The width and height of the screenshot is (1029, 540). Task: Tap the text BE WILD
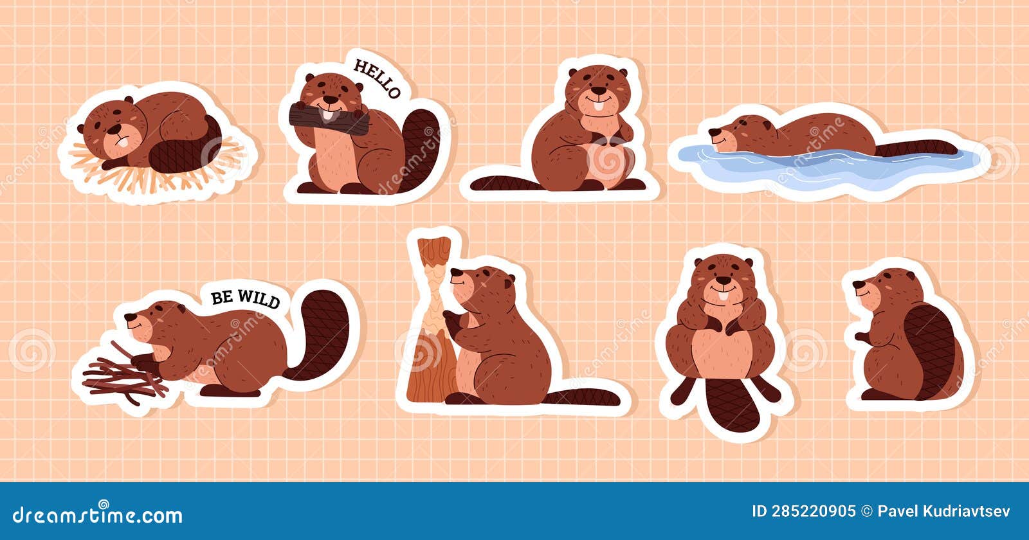(x=246, y=298)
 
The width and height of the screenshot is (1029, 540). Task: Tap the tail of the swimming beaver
(x=916, y=148)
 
